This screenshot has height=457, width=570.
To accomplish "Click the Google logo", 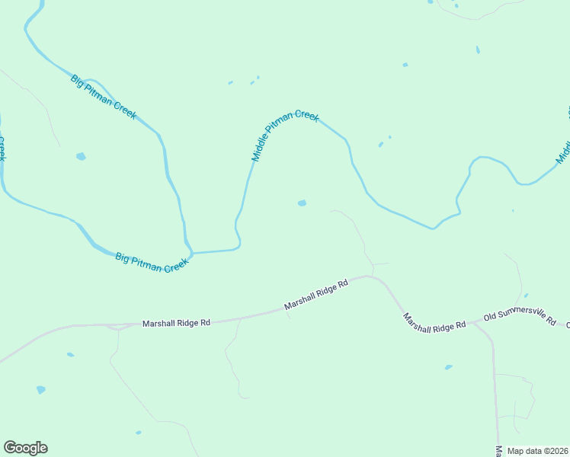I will click(25, 448).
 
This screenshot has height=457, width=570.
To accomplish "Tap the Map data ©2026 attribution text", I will click(537, 451).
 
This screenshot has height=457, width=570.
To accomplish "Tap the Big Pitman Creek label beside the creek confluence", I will click(152, 263).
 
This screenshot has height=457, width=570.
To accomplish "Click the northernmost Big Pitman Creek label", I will click(104, 97).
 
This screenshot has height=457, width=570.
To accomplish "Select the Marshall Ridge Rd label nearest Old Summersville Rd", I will click(434, 323).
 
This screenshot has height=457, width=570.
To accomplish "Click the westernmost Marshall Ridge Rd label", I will click(176, 324).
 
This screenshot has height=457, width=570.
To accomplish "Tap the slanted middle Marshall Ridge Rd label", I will click(316, 294).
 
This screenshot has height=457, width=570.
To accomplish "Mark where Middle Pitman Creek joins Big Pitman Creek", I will click(192, 252).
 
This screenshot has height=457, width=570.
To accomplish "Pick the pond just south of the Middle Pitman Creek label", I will click(302, 203).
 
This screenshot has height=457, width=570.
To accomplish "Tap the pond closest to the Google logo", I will click(41, 389).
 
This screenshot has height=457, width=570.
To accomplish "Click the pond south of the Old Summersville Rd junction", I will click(448, 367).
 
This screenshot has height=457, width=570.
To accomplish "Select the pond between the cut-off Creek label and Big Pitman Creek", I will click(81, 157).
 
